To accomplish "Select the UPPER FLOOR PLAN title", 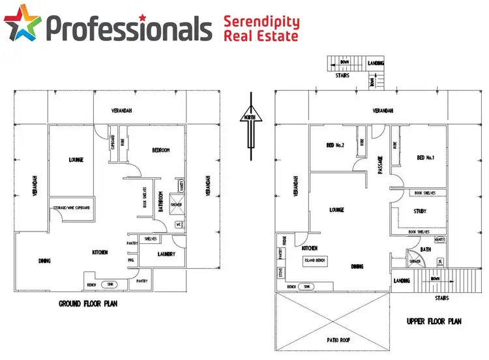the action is coord(434,321).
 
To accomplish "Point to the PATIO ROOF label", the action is coord(334,340).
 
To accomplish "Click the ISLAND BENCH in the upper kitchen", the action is coord(315,260).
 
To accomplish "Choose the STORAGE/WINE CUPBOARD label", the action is coord(71,208).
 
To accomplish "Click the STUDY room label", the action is coord(420,211).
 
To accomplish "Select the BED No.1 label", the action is coord(424,157).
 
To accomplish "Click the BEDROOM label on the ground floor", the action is coord(160,151).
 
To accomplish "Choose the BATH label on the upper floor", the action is coord(426,249).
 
